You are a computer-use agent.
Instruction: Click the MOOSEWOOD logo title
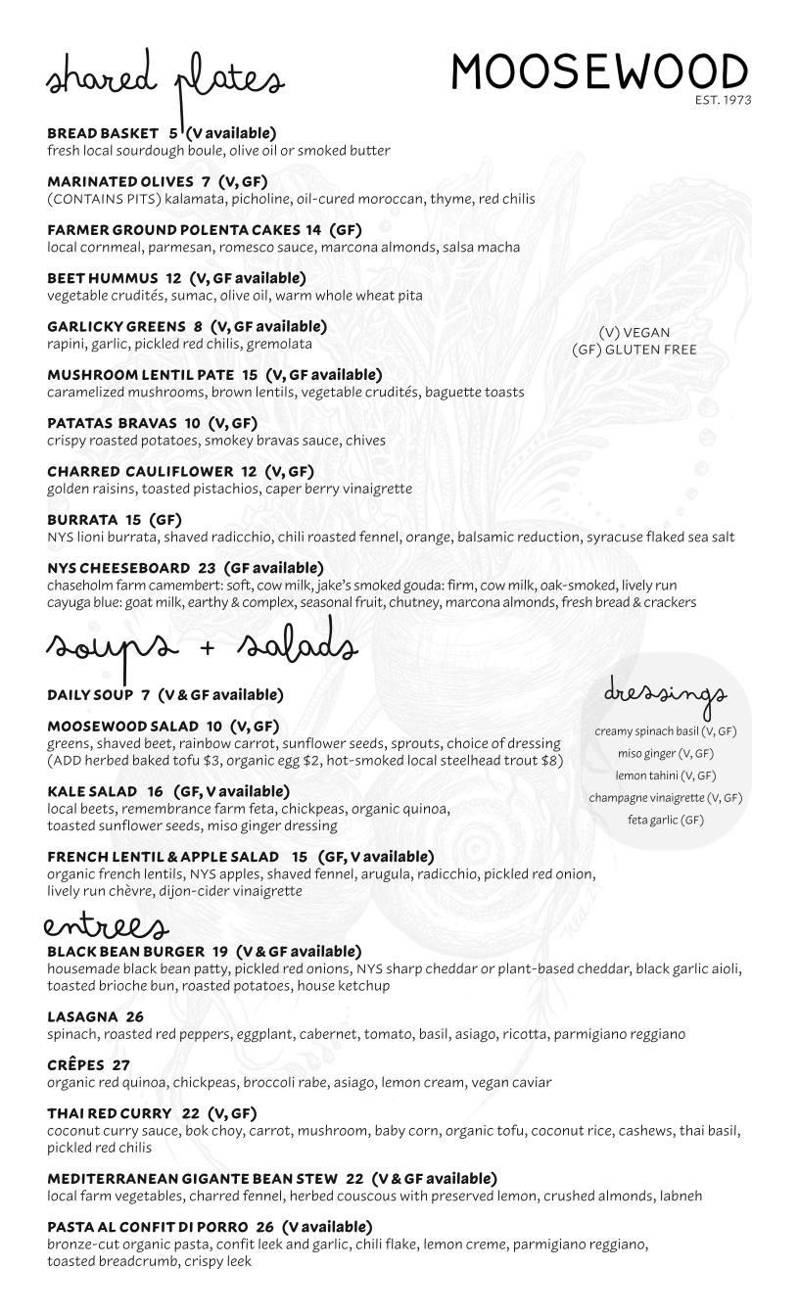pos(599,72)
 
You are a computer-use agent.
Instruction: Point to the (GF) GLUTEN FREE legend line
pos(634,350)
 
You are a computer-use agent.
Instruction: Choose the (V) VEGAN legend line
pos(634,333)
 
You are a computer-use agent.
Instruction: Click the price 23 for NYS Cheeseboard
pos(207,567)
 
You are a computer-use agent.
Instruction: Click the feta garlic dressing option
pos(666,819)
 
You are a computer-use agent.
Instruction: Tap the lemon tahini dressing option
pos(666,775)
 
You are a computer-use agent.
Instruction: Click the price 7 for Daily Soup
pos(145,695)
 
